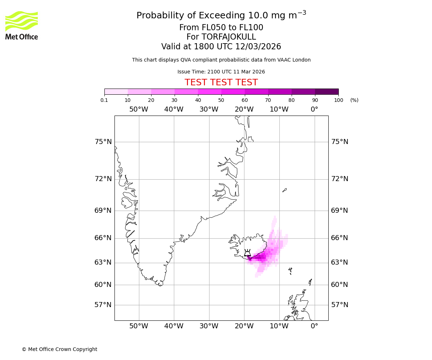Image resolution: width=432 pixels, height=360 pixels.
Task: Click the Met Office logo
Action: [x=22, y=25]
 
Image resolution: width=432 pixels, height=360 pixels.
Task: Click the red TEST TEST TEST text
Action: [x=221, y=82]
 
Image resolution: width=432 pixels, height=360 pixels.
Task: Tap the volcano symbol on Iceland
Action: [x=247, y=253]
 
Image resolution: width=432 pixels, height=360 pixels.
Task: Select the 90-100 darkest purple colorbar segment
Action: [x=327, y=91]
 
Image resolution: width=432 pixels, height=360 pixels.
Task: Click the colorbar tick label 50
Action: [x=221, y=100]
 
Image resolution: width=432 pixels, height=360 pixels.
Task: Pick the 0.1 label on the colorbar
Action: [x=104, y=100]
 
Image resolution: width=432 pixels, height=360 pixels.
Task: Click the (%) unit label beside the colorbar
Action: [x=354, y=100]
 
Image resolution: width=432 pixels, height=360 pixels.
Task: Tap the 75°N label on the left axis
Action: [x=103, y=142]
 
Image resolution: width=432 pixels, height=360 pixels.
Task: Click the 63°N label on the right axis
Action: [x=339, y=262]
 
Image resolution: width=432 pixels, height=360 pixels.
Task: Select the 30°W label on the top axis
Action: [x=209, y=109]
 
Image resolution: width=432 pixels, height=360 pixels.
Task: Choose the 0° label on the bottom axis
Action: [x=314, y=326]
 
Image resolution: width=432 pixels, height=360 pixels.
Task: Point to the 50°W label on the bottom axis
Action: [x=139, y=326]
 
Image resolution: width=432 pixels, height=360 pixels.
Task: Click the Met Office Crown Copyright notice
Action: [x=59, y=349]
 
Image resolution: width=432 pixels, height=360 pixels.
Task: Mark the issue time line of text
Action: [x=221, y=72]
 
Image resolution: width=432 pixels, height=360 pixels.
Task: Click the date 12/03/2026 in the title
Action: [x=258, y=47]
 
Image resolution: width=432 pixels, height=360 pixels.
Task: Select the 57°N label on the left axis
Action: [x=103, y=305]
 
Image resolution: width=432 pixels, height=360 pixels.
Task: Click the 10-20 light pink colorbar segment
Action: [x=139, y=91]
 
